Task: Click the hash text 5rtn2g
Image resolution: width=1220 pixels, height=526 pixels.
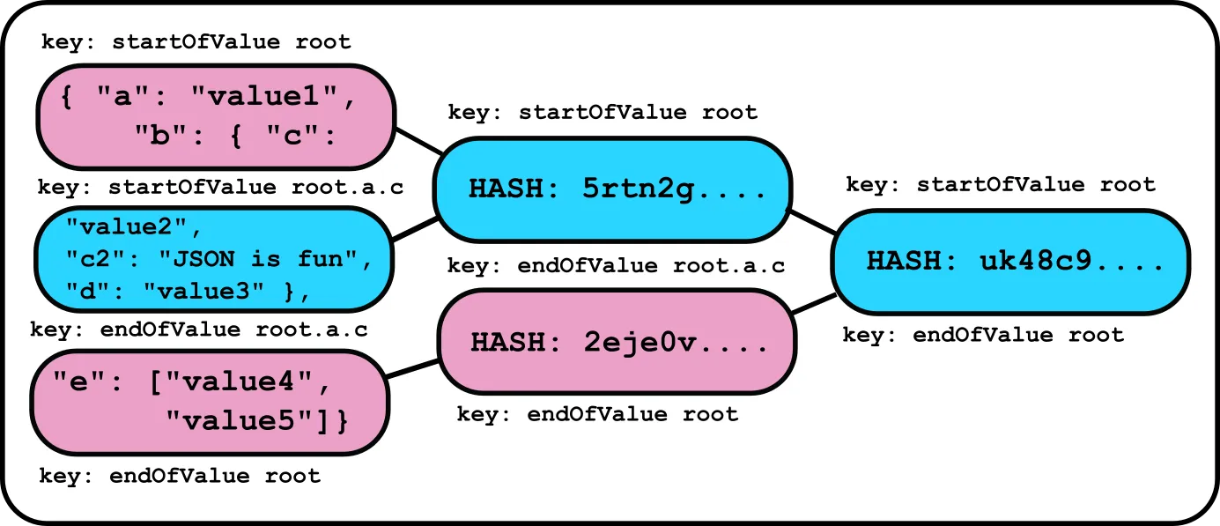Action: point(674,189)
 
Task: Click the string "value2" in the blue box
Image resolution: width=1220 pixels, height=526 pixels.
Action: point(127,226)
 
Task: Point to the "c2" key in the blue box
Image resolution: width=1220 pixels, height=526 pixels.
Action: point(89,258)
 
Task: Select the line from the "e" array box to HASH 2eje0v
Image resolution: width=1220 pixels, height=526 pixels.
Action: point(412,369)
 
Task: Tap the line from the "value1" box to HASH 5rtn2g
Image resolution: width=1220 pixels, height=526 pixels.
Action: point(419,142)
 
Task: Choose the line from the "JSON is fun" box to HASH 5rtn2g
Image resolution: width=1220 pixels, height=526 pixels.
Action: point(415,227)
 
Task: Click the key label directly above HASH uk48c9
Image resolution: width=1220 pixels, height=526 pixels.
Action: point(1000,185)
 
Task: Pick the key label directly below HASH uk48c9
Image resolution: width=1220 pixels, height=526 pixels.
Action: point(983,336)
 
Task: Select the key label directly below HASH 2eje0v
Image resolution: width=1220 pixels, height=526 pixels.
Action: point(597,414)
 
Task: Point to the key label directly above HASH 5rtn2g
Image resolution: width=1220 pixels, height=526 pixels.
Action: point(603,113)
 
